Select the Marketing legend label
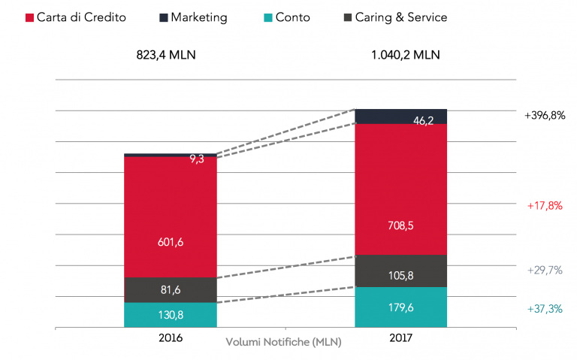198,17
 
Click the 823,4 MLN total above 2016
171,55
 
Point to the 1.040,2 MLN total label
400,55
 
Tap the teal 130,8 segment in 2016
170,315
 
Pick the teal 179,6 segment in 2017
400,307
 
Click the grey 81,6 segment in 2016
170,290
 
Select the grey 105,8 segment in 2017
400,271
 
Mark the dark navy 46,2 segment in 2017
400,116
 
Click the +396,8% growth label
544,116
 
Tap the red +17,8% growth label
545,205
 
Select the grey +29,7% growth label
545,270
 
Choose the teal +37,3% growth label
545,309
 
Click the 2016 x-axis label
171,339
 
